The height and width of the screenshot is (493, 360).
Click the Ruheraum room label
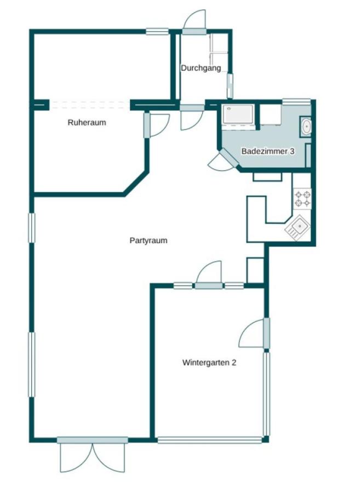tap(87, 123)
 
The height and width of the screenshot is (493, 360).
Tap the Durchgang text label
tap(201, 68)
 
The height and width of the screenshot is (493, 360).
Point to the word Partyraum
tap(148, 240)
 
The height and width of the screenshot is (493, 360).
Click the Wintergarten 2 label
tap(209, 362)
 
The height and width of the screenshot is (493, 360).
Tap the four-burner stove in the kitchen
tap(302, 198)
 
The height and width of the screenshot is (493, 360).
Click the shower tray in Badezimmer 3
tap(238, 115)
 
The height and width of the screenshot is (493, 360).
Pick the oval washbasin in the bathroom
tap(306, 127)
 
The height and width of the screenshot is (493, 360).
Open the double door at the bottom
tap(92, 455)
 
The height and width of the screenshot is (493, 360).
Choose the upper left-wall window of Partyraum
tap(32, 227)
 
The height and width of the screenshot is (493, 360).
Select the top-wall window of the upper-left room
tap(157, 32)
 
